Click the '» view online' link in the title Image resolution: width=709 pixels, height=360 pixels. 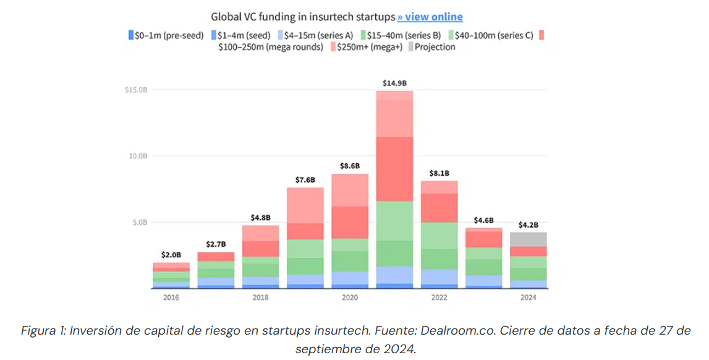[430, 17]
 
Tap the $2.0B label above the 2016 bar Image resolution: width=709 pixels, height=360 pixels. [171, 254]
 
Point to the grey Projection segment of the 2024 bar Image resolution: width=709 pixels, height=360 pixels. [529, 239]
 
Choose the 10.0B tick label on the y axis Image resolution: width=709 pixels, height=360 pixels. [137, 156]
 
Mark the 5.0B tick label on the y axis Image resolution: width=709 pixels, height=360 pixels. [139, 222]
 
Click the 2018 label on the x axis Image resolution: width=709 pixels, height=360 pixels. [260, 298]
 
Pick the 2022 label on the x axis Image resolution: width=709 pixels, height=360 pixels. [439, 298]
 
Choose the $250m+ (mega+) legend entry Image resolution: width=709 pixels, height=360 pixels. [366, 47]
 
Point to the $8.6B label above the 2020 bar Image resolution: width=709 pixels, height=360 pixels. [350, 166]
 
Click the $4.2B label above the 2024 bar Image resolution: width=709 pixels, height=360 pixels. [529, 225]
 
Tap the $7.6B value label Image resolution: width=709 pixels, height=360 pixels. [305, 179]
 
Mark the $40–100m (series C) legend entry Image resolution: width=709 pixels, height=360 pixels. [492, 35]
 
